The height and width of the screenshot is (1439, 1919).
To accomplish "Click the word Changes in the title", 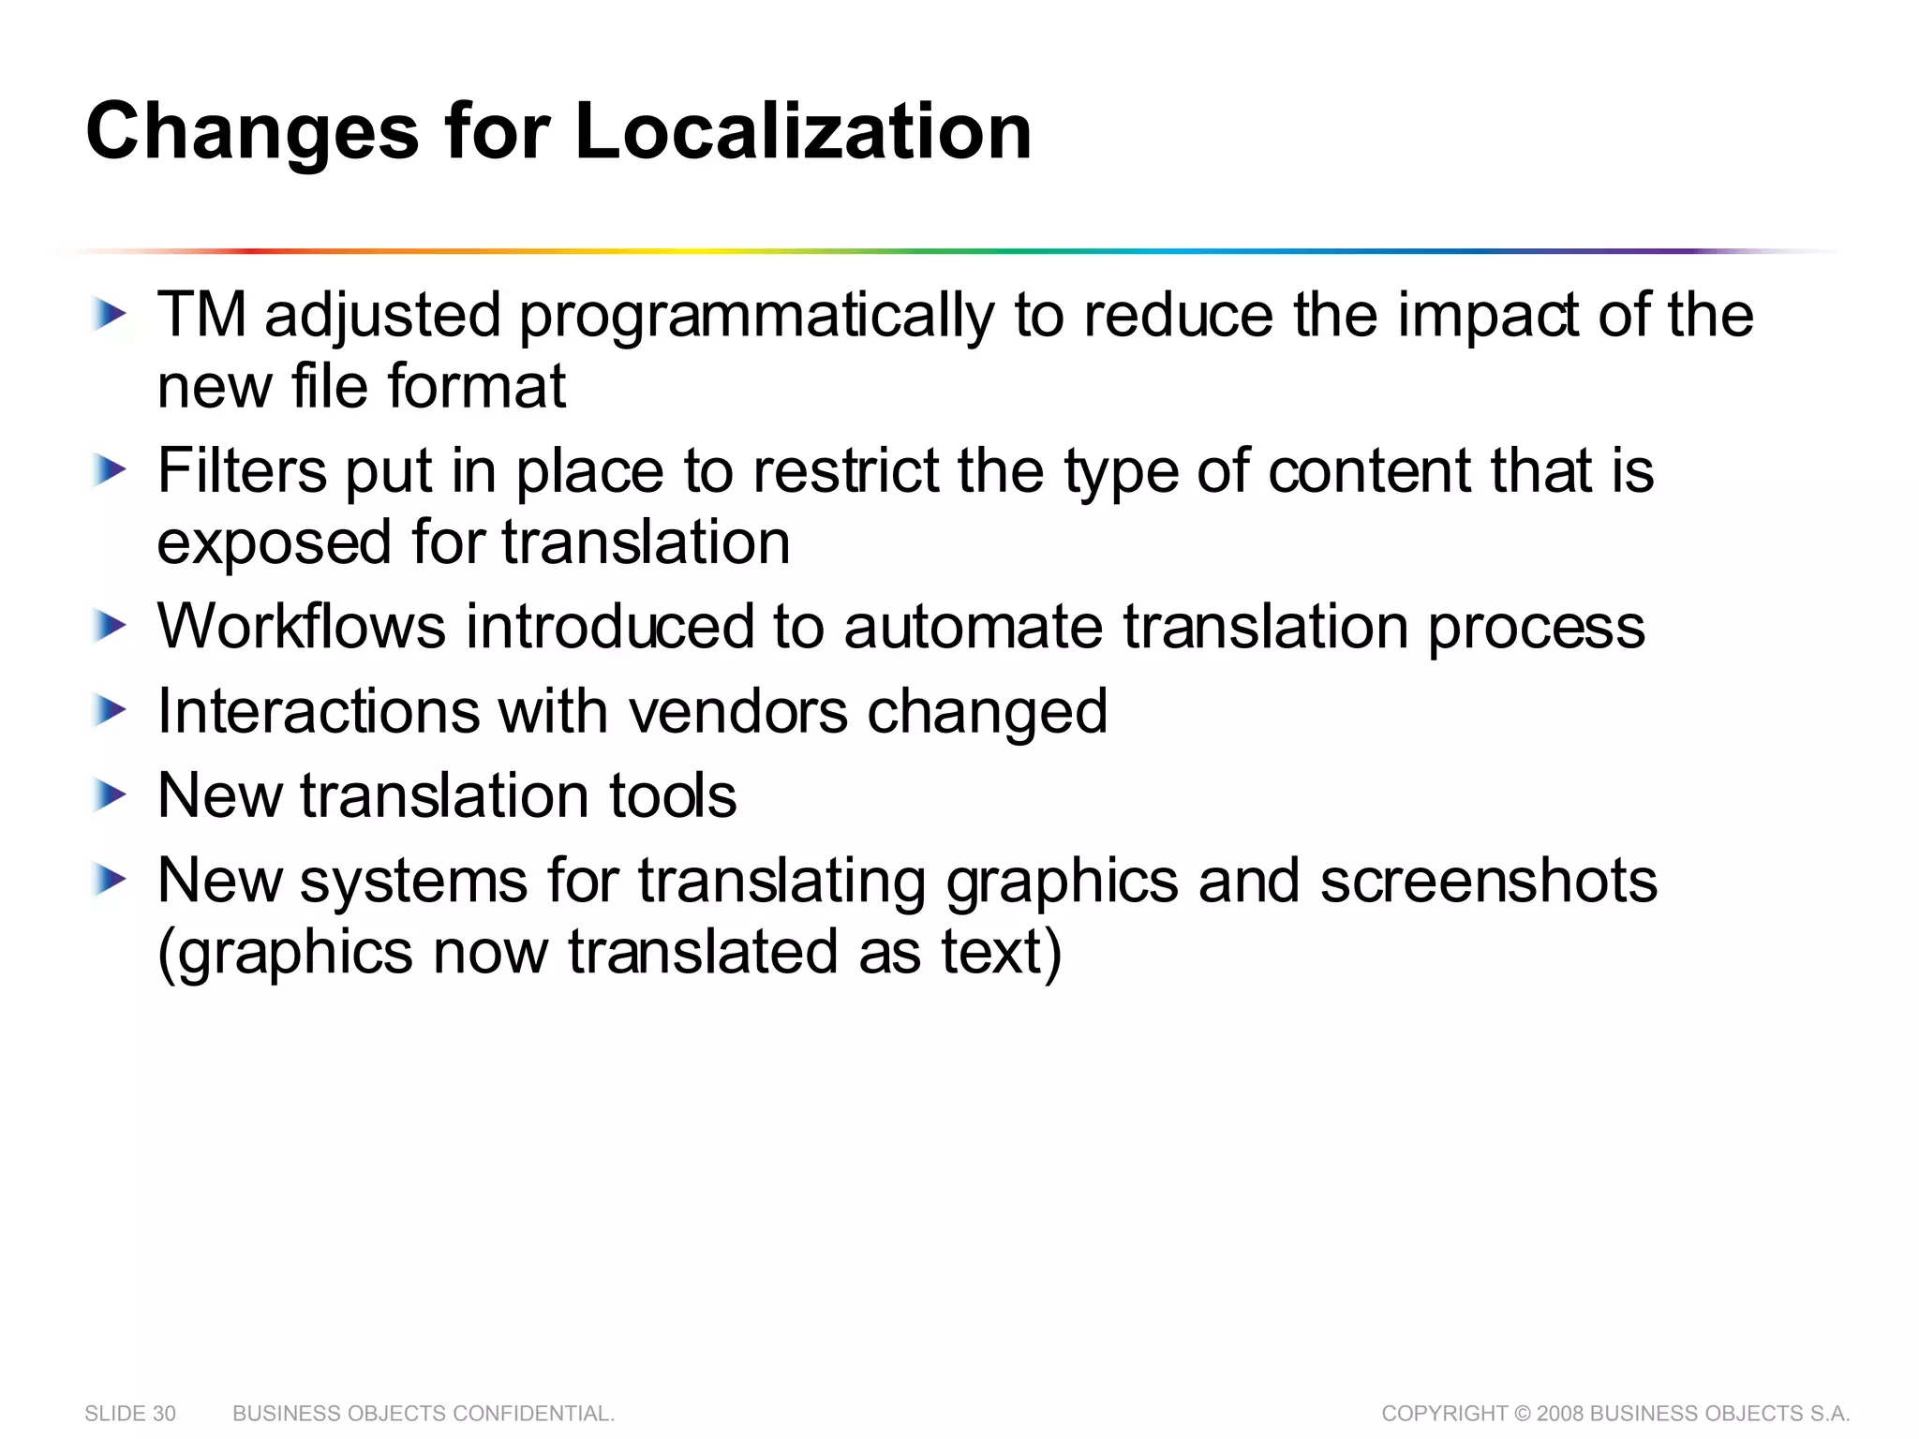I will tap(252, 133).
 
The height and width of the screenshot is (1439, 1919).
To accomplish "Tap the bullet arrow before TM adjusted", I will tap(110, 315).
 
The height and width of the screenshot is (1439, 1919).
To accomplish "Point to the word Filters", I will tap(242, 470).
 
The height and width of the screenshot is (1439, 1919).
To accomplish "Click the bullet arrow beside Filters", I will tap(110, 470).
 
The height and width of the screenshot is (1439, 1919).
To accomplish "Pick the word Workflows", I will tap(302, 626).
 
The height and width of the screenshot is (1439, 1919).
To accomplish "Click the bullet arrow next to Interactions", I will tap(110, 711).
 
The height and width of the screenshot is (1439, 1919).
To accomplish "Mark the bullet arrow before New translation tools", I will tap(110, 796).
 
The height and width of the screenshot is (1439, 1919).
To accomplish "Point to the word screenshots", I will tap(1489, 882).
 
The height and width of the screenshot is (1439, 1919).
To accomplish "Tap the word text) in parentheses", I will tap(1002, 953).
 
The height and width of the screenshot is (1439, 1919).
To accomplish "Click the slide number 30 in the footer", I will tap(164, 1414).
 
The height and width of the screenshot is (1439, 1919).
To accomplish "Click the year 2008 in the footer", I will tap(1560, 1414).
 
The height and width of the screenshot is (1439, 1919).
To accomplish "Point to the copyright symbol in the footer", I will tap(1523, 1414).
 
